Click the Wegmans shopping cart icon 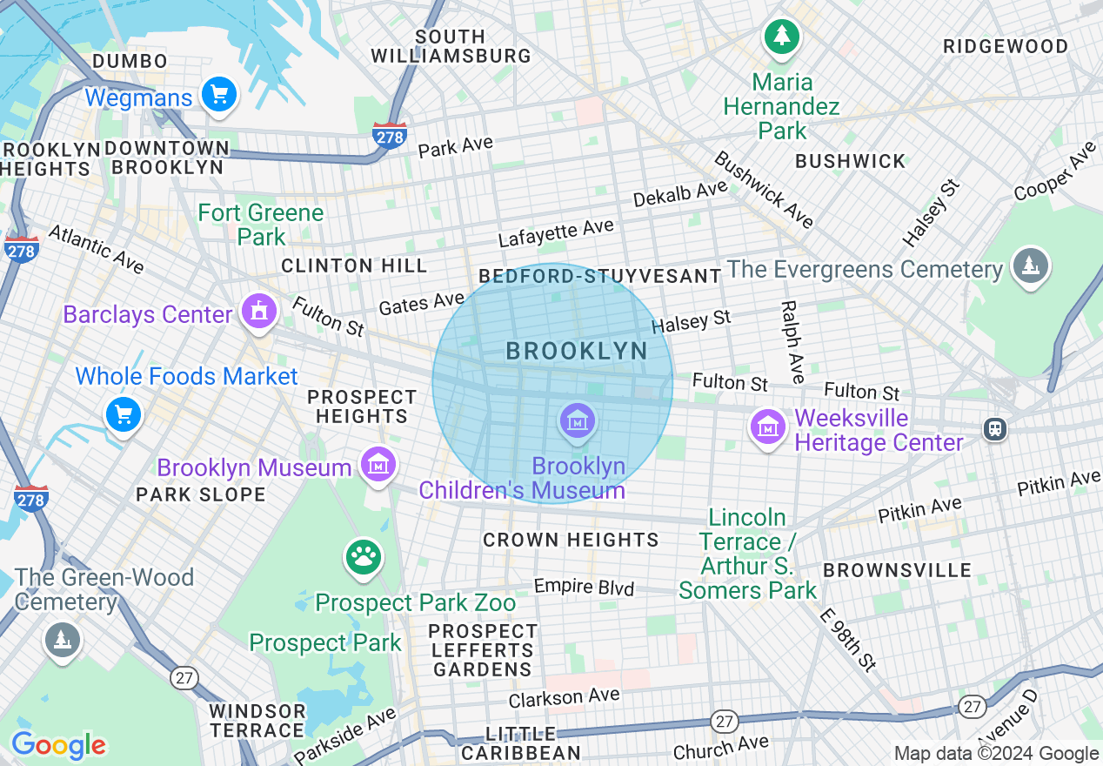218,95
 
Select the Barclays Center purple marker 258,312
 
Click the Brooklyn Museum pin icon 378,463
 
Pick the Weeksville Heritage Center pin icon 768,427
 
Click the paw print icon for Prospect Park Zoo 364,557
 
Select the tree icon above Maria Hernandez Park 782,37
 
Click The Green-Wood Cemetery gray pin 62,640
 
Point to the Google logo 58,745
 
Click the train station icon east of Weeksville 994,428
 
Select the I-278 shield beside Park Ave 389,136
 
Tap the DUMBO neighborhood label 130,61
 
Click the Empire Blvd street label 584,587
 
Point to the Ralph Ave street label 792,342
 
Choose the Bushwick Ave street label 764,190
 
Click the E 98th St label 847,639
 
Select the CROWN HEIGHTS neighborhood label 571,540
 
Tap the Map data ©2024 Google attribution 996,754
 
